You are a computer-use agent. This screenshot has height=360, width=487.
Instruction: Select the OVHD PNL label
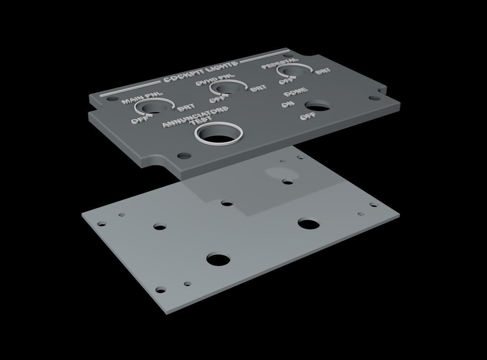point(215,80)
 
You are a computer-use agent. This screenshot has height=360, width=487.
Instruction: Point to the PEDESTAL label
point(279,63)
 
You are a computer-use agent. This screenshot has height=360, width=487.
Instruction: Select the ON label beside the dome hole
point(286,105)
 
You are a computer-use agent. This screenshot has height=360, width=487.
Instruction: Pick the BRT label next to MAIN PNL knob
point(186,108)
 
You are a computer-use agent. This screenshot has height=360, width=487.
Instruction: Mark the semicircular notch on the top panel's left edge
point(158,163)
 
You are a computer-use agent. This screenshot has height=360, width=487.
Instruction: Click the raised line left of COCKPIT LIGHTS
point(130,88)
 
